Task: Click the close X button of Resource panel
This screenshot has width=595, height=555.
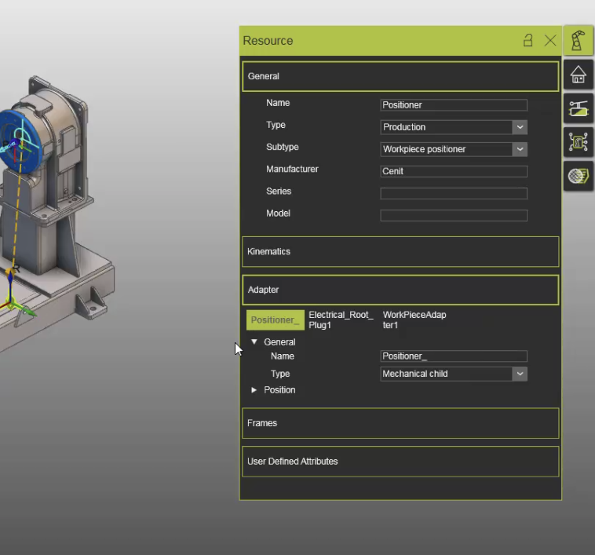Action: tap(550, 41)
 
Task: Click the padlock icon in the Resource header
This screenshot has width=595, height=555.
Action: tap(528, 41)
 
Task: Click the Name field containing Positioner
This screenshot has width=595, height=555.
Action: tap(453, 105)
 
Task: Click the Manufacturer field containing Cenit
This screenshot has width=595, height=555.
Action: tap(453, 171)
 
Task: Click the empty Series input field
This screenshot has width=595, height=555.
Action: tap(453, 193)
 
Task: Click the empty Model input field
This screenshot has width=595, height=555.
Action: tap(453, 215)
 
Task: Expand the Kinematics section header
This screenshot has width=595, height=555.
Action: tap(400, 252)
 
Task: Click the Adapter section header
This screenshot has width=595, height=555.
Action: tap(400, 290)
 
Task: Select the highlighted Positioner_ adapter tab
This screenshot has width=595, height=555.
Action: tap(275, 320)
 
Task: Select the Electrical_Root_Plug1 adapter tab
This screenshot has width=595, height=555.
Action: tap(341, 320)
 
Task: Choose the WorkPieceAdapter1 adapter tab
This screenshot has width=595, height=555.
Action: tap(414, 320)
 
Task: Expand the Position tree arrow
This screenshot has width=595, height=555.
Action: tap(254, 390)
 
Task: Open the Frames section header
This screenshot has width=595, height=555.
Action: tap(400, 423)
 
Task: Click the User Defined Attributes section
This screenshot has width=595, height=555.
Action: tap(400, 462)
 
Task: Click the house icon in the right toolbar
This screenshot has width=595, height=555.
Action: tap(579, 75)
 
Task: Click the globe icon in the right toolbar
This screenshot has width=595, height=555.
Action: tap(579, 176)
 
